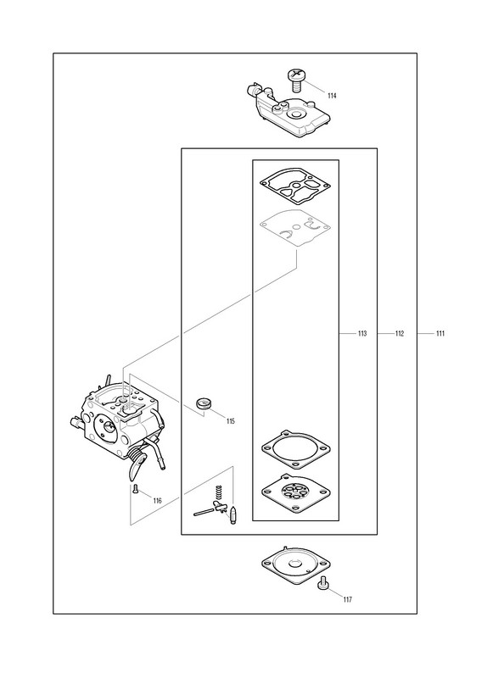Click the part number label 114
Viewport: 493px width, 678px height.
(332, 96)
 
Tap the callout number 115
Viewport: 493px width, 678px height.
(231, 421)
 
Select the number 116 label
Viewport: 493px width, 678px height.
(158, 501)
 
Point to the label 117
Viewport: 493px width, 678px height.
(348, 599)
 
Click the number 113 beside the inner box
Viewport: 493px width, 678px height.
(362, 333)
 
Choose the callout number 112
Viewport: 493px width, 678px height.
(400, 333)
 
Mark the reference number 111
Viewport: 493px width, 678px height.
(440, 333)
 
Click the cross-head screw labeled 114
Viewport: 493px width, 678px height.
(296, 79)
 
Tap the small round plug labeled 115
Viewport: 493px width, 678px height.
(203, 403)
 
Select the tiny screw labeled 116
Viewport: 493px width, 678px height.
(135, 489)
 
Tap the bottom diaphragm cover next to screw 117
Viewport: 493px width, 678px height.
(296, 564)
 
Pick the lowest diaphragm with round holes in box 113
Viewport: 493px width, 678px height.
(296, 493)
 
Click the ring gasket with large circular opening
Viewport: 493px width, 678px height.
(296, 449)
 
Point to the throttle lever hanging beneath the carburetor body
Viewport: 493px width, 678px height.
(137, 467)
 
